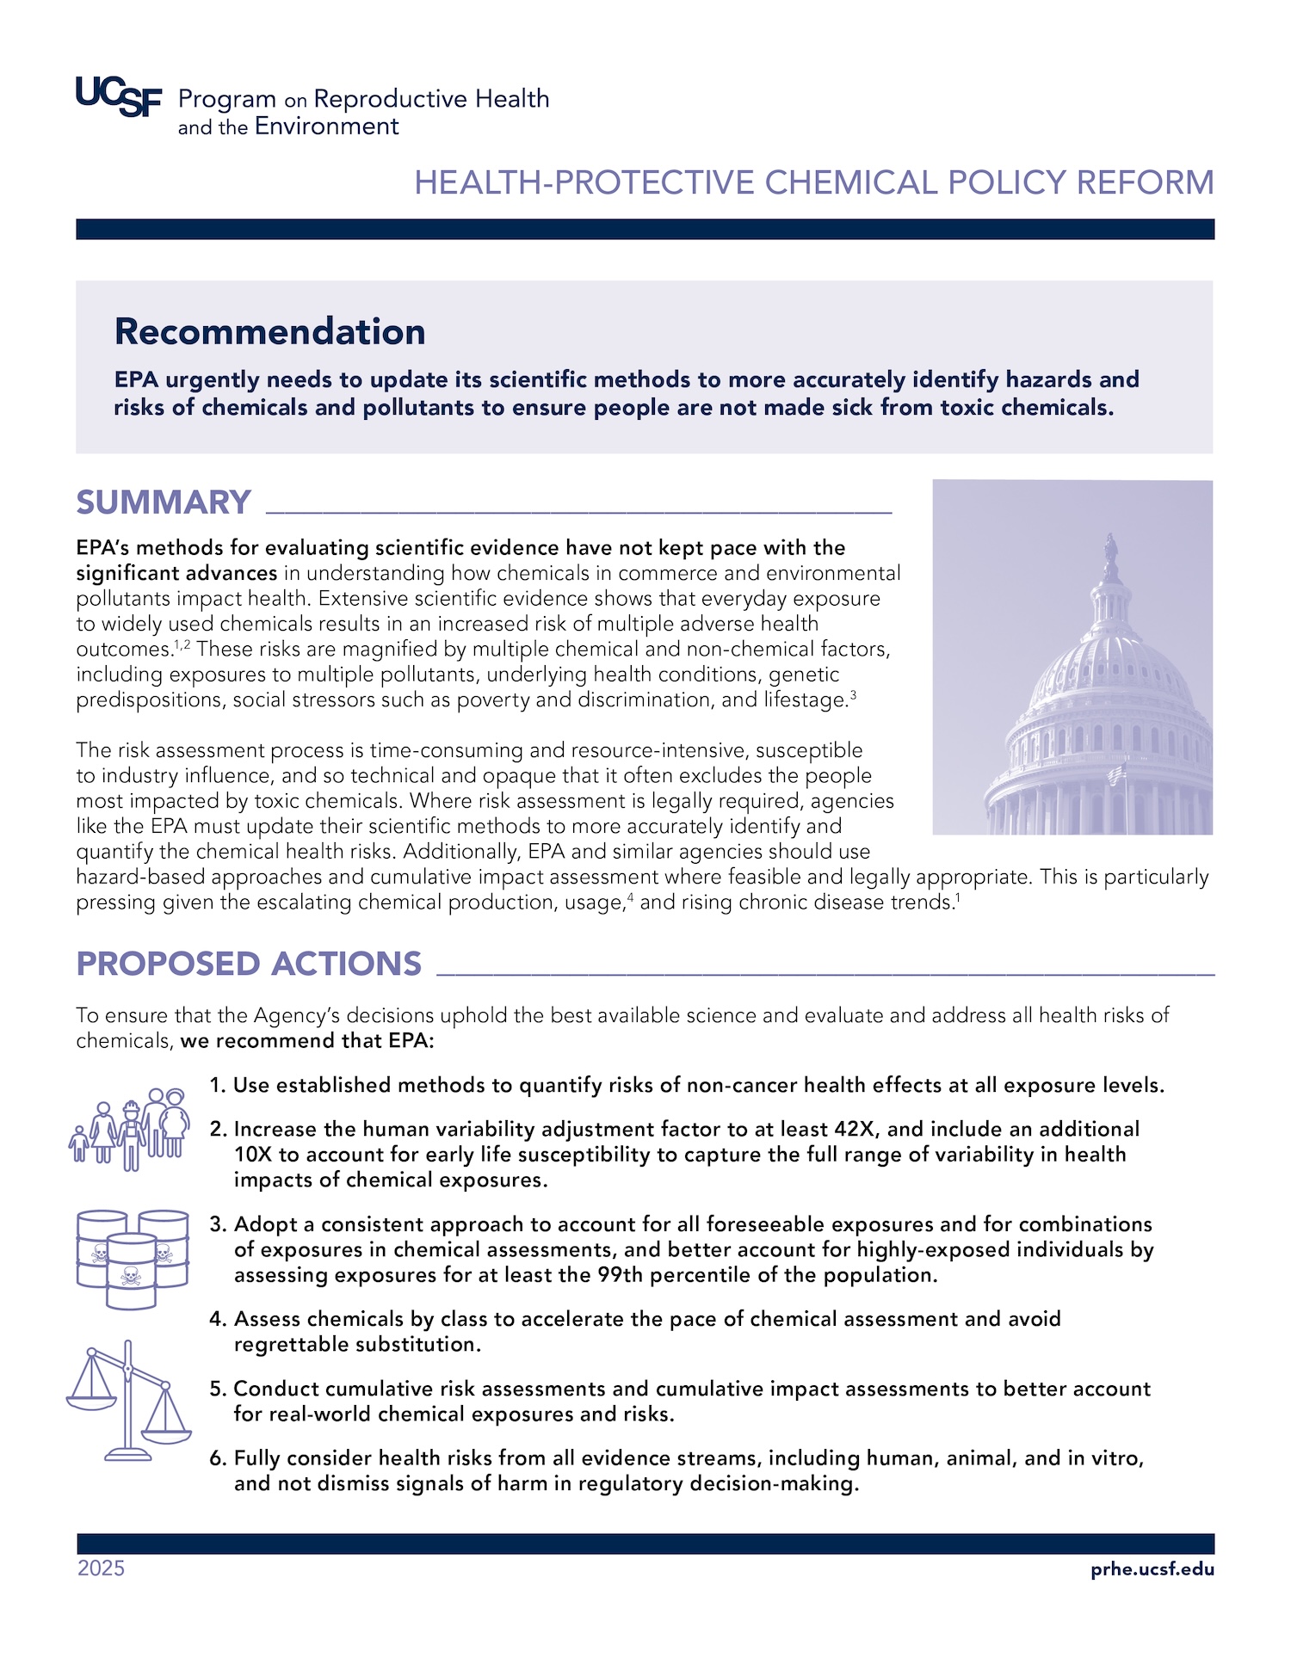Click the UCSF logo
click(x=119, y=96)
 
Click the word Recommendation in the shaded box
click(x=269, y=332)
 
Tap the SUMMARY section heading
click(x=164, y=502)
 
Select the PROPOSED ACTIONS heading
click(x=249, y=964)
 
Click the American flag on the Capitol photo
click(x=1116, y=773)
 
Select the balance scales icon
click(x=128, y=1400)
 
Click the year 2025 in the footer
click(x=101, y=1568)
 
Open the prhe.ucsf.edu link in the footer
click(x=1152, y=1568)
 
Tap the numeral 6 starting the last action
click(x=216, y=1458)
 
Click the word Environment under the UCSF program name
click(x=326, y=126)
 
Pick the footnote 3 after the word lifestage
click(x=853, y=693)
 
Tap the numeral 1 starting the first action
click(x=216, y=1086)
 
